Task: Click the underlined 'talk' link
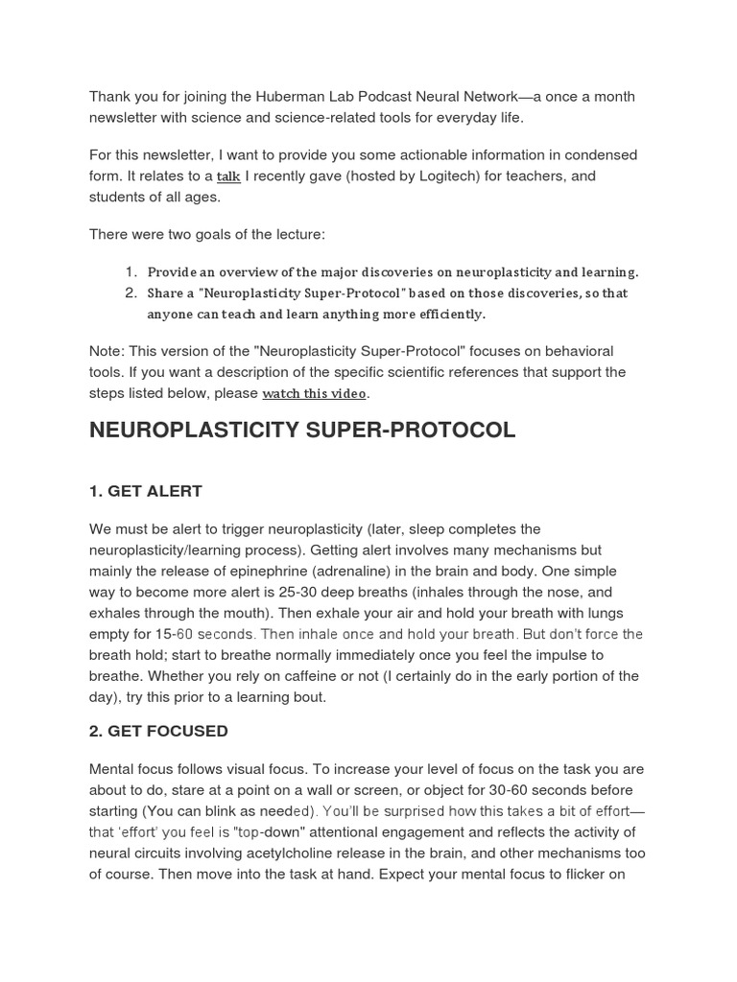228,176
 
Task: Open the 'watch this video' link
314,393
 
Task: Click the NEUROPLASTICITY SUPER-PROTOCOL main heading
302,431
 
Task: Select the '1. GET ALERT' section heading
146,491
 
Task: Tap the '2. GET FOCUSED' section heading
158,731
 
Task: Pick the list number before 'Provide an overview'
131,272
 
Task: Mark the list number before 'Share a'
131,293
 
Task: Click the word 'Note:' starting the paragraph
108,351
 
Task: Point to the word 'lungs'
606,614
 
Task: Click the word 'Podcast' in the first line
365,97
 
